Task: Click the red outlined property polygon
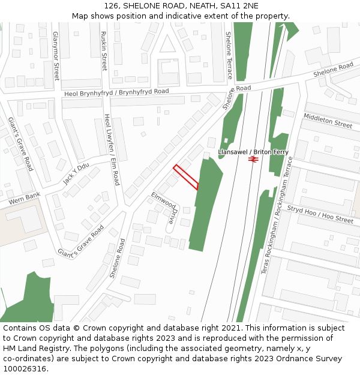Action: point(186,177)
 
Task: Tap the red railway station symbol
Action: point(254,160)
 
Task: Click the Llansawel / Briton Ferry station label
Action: point(253,152)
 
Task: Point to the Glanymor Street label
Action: point(56,56)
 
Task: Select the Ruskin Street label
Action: point(104,51)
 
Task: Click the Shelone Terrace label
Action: point(229,55)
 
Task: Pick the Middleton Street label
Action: point(328,120)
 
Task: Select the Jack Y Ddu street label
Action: point(76,174)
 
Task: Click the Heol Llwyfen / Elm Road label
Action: point(112,150)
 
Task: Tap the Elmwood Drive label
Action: point(166,208)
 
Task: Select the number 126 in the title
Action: point(112,6)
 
